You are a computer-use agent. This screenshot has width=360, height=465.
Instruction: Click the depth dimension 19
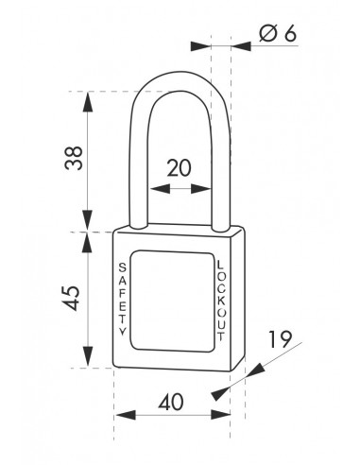278,338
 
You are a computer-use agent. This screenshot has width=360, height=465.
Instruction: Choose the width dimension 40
171,402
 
